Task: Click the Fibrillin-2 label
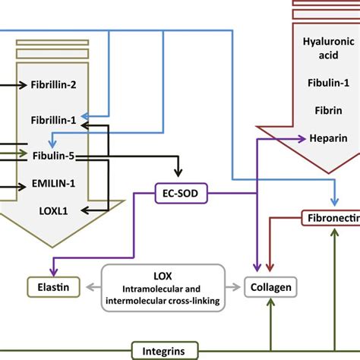point(54,85)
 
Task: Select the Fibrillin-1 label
point(54,120)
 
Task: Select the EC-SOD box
point(176,193)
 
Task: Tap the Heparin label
point(328,138)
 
